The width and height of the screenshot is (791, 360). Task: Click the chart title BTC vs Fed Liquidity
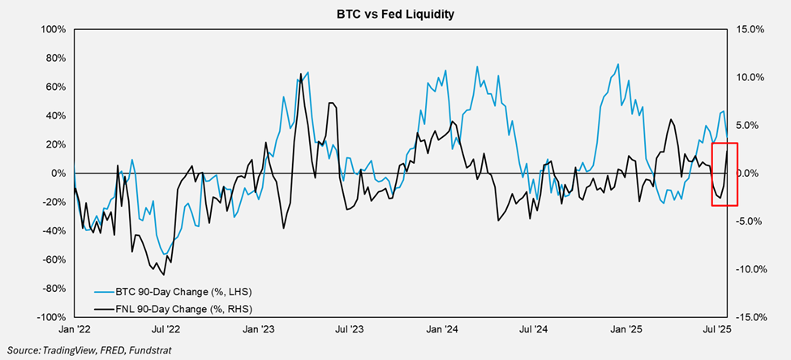click(395, 14)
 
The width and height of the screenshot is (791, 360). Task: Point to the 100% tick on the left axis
click(53, 29)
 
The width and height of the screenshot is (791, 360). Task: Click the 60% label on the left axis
click(55, 87)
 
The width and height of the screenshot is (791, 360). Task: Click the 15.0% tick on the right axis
click(747, 29)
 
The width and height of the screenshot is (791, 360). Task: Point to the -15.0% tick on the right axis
click(746, 317)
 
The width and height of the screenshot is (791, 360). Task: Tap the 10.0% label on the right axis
click(747, 77)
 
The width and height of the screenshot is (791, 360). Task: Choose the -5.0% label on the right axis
click(747, 221)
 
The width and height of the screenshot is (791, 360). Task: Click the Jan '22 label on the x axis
click(74, 330)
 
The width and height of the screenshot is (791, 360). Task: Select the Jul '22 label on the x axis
click(166, 330)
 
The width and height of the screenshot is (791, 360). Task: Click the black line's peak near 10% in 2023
click(300, 75)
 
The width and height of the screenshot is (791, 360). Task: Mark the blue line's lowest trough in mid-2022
click(166, 255)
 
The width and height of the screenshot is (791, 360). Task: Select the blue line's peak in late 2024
click(617, 64)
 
